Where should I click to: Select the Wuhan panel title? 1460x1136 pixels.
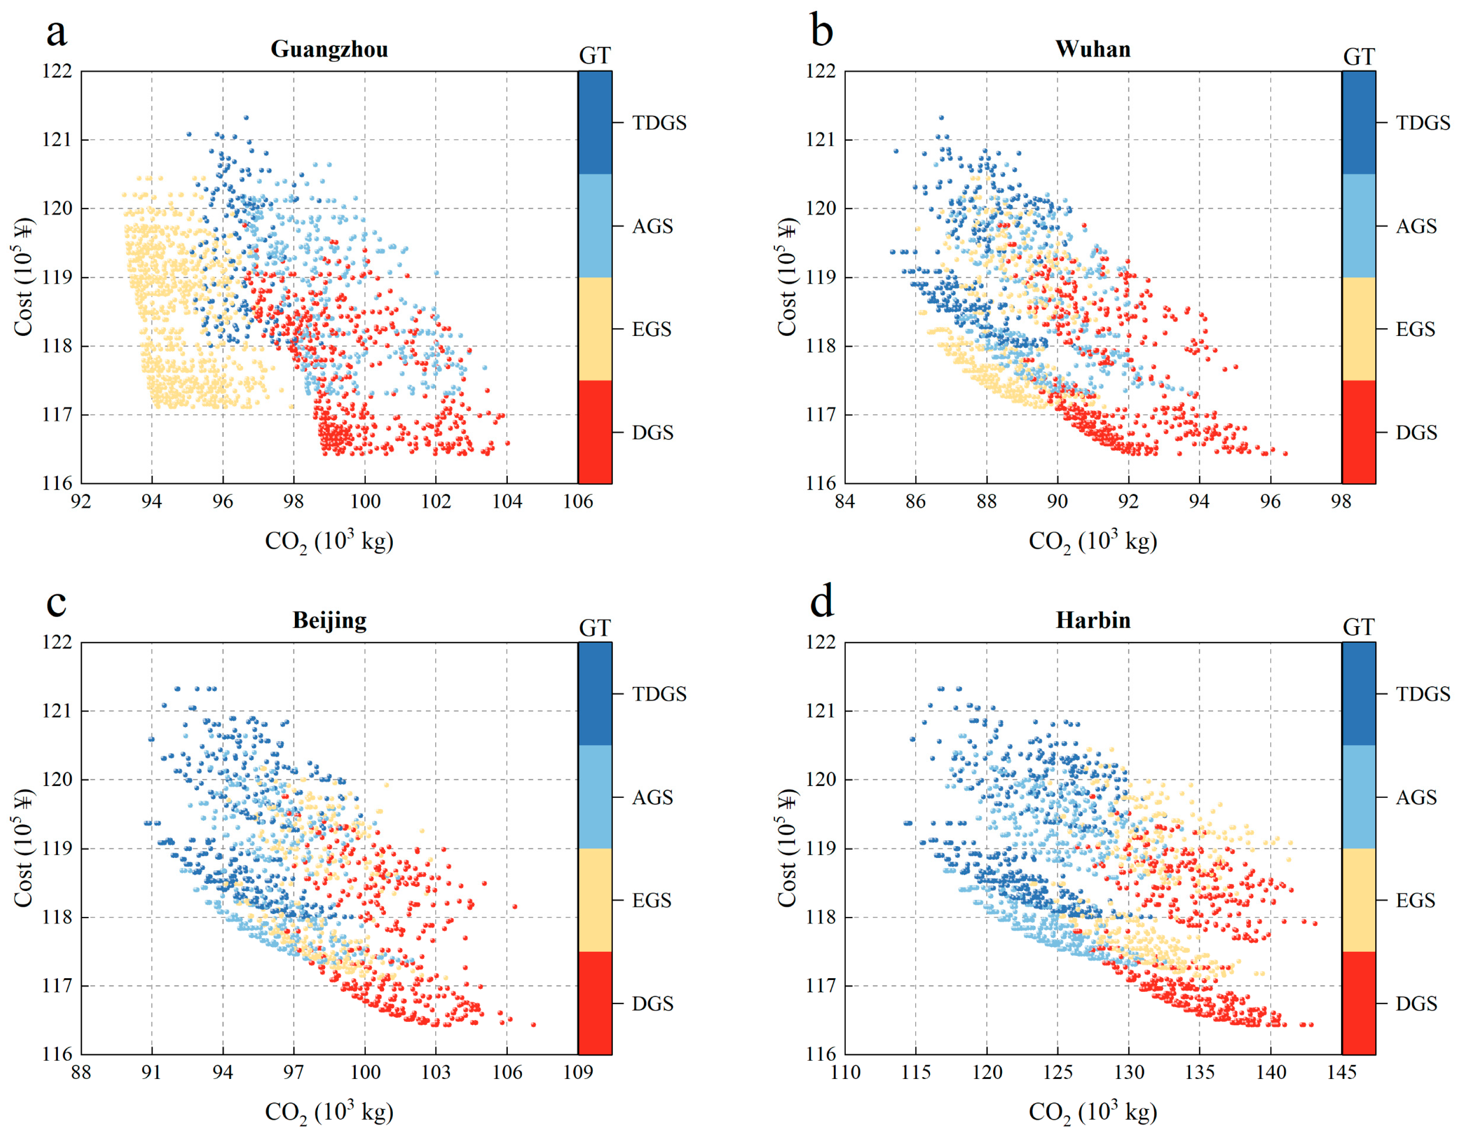click(1093, 49)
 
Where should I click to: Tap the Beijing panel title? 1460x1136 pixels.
click(330, 621)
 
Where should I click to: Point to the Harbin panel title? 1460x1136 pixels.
click(1093, 621)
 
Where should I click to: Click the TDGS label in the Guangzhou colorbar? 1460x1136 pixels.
click(659, 123)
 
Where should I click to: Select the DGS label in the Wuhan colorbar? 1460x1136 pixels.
click(1416, 433)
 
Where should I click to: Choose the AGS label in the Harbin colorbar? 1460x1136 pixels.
click(1416, 798)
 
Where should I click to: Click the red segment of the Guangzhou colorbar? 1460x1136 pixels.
click(595, 432)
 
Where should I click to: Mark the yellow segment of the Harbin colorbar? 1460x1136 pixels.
click(1358, 900)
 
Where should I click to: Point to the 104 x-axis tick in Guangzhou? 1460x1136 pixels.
click(507, 501)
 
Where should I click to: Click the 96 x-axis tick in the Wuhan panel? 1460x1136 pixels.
click(1270, 501)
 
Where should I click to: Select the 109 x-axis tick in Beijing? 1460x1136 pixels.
click(578, 1072)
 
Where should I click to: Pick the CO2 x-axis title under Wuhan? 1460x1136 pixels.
click(1093, 541)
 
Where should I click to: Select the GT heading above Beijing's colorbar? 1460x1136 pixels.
click(594, 628)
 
